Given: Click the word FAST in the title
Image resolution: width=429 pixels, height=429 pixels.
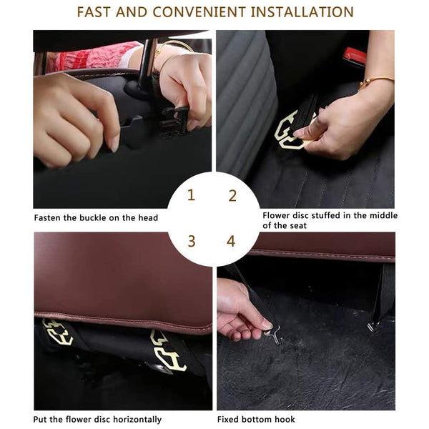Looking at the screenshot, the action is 93,12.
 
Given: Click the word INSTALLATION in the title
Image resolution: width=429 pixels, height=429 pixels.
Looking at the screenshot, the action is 302,12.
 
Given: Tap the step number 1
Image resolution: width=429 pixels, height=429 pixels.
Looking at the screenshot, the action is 191,195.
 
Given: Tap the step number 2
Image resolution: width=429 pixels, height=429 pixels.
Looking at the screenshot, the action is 232,196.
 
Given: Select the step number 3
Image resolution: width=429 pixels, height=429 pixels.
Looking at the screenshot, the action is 192,241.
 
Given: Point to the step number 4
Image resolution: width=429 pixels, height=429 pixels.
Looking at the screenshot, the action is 231,242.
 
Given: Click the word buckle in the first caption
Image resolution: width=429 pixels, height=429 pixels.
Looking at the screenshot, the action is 93,218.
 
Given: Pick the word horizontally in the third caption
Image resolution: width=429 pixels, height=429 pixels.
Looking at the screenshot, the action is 137,420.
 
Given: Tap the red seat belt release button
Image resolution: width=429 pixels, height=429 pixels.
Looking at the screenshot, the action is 355,55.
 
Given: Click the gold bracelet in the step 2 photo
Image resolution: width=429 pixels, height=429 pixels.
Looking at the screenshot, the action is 375,80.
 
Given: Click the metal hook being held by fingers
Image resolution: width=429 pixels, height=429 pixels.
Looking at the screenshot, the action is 273,334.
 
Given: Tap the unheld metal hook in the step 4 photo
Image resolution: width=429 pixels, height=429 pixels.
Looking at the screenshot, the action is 373,326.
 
